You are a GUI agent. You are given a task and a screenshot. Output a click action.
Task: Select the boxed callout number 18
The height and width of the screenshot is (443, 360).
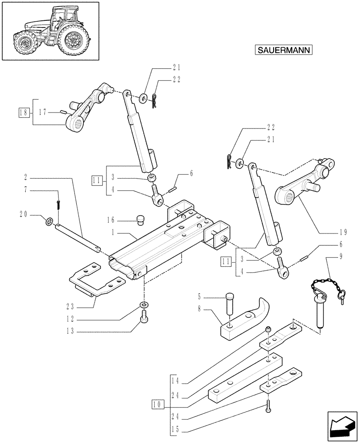[x=24, y=112]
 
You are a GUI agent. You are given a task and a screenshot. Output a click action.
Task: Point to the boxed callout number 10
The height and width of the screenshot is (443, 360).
[x=157, y=404]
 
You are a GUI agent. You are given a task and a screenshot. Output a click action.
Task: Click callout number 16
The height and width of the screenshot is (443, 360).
[x=111, y=219]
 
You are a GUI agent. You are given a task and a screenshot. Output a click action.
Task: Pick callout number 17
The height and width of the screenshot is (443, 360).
[x=43, y=112]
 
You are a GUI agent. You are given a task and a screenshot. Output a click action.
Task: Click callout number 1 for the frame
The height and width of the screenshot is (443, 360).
[x=113, y=232]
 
